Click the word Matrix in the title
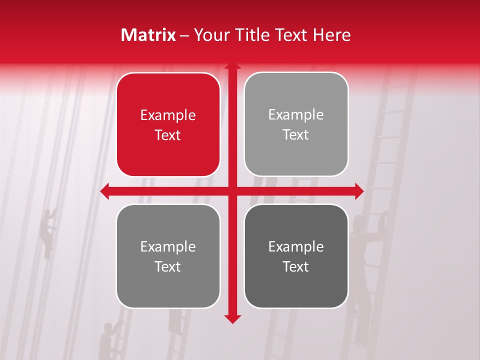pyautogui.click(x=148, y=35)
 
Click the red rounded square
pyautogui.click(x=168, y=125)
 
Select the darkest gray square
pyautogui.click(x=296, y=256)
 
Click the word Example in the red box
pyautogui.click(x=168, y=115)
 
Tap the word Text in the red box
pyautogui.click(x=168, y=135)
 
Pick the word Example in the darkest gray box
pyautogui.click(x=296, y=246)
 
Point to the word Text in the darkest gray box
pyautogui.click(x=296, y=266)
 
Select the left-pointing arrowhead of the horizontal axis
pyautogui.click(x=104, y=191)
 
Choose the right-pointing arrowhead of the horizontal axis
pyautogui.click(x=359, y=191)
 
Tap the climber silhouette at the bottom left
pyautogui.click(x=106, y=340)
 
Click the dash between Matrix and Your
pyautogui.click(x=184, y=35)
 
